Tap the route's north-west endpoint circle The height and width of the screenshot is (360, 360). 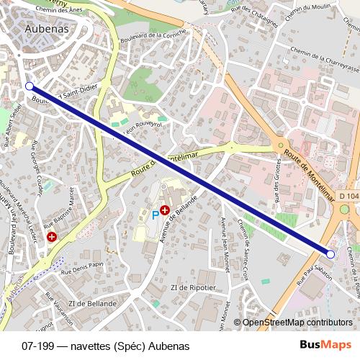(30, 86)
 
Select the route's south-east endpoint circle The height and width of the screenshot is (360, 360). (330, 254)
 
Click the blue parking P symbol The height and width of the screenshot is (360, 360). (155, 214)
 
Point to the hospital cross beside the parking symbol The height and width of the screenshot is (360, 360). (166, 210)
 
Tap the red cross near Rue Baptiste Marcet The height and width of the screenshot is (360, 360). (51, 236)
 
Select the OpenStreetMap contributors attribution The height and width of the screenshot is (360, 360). (297, 322)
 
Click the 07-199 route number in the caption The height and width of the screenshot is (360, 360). (37, 346)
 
